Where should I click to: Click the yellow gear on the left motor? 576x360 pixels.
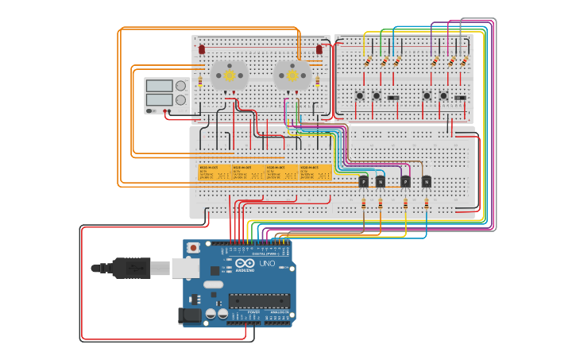point(230,75)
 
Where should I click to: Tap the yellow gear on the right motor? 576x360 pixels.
point(292,75)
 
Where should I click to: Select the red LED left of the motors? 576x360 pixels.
point(202,49)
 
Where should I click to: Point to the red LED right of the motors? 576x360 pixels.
point(319,49)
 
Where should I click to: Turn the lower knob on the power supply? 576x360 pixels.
point(180,100)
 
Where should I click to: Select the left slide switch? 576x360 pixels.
point(393,97)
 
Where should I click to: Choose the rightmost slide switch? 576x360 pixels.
point(460,97)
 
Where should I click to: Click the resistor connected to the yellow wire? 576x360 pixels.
point(368,62)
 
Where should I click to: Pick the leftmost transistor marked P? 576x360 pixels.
point(363,181)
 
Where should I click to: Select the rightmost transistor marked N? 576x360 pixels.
point(426,181)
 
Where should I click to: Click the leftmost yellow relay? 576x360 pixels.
point(214,172)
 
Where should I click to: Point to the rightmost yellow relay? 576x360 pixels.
point(315,172)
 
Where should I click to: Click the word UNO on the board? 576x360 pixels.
point(267,264)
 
